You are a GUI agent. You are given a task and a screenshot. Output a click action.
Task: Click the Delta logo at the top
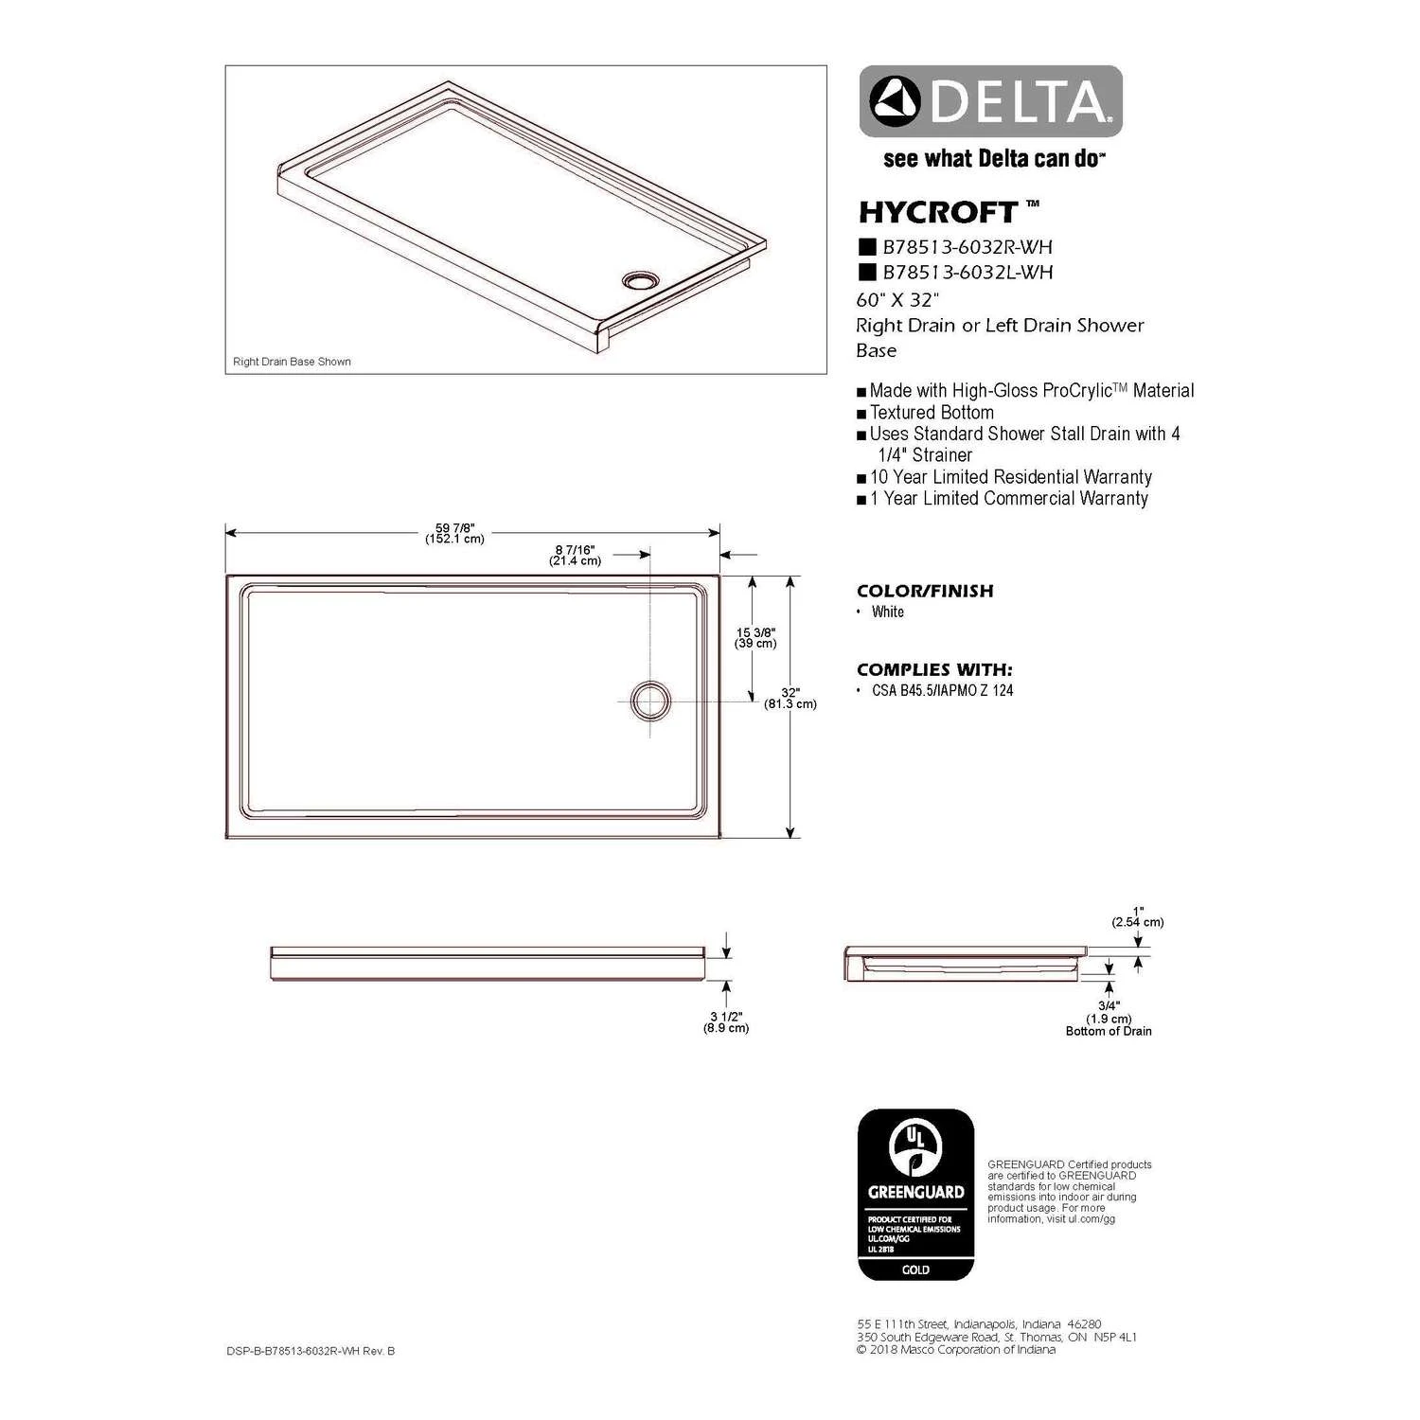coord(990,101)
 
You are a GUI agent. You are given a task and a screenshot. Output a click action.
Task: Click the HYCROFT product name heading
coord(938,212)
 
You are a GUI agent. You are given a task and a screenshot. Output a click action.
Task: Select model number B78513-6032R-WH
coord(967,247)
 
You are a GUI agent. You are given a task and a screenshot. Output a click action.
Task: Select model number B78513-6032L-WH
coord(967,273)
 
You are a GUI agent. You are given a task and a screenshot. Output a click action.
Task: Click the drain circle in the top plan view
coord(650,701)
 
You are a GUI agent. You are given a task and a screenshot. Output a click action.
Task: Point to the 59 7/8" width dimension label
coord(455,533)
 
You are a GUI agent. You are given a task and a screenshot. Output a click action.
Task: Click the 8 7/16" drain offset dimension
coord(576,555)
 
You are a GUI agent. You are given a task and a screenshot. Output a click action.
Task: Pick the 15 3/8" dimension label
coord(755,637)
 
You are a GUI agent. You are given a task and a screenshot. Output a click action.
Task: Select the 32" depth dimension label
coord(790,698)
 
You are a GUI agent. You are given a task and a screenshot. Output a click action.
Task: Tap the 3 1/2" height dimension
coord(726,1021)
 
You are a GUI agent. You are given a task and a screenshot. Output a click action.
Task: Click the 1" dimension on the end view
coord(1138,916)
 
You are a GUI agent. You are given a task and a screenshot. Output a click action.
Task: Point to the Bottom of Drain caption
coord(1109,1031)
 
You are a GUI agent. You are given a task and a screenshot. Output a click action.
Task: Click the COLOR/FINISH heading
coord(925,591)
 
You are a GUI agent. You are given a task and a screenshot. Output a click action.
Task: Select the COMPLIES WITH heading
coord(934,669)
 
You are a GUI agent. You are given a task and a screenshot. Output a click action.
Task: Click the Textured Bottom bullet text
coord(932,413)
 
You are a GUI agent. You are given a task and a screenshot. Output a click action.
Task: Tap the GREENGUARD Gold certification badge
coord(915,1195)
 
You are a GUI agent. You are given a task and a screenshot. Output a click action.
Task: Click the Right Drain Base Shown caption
coord(292,362)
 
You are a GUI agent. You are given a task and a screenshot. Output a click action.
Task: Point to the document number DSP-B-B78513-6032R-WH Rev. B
coord(311,1351)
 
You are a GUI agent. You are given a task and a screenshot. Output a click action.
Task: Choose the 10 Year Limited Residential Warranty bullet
coord(1010,477)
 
